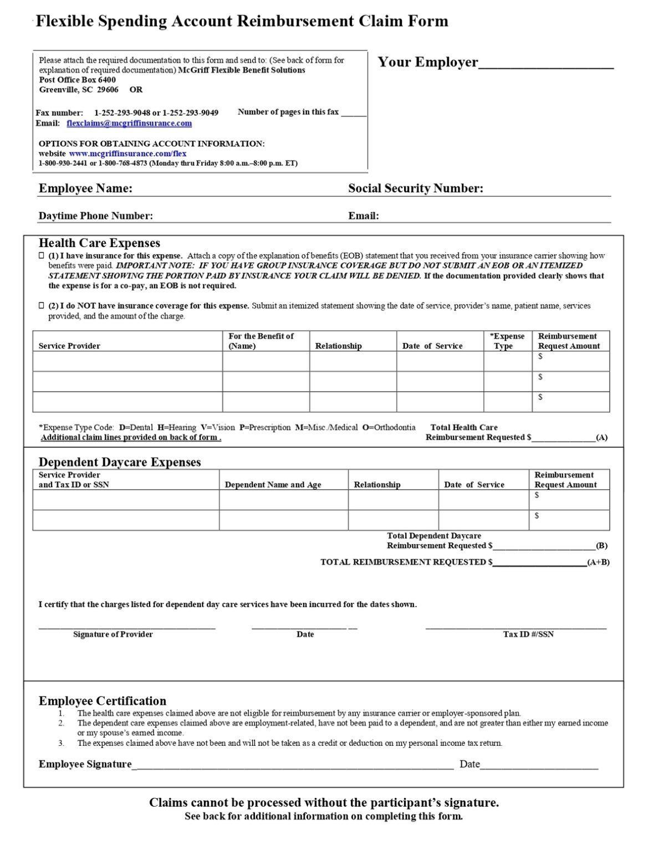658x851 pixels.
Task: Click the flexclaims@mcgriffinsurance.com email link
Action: (x=129, y=123)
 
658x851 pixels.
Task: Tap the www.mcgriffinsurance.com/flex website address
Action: (x=127, y=153)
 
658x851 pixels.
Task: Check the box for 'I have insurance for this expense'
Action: (x=42, y=256)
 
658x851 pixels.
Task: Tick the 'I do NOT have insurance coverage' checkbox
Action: (x=42, y=306)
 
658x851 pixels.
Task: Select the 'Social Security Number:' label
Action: (x=415, y=188)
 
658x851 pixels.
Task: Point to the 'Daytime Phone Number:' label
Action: (x=95, y=216)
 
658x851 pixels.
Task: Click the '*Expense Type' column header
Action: (x=507, y=341)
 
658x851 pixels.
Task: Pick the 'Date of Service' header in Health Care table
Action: (x=432, y=346)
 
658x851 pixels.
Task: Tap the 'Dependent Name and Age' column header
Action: (x=273, y=485)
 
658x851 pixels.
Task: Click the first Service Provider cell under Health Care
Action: (x=127, y=361)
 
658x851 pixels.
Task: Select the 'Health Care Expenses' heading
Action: (x=99, y=243)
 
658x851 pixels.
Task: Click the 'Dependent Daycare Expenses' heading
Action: (x=120, y=462)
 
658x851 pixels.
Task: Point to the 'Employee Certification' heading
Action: (x=102, y=701)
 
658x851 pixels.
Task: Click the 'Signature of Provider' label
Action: (x=113, y=634)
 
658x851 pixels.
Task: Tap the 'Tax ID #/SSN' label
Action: (x=528, y=634)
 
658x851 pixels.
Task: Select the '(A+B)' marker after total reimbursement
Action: (x=598, y=562)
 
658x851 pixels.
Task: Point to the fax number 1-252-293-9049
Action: (x=190, y=112)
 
